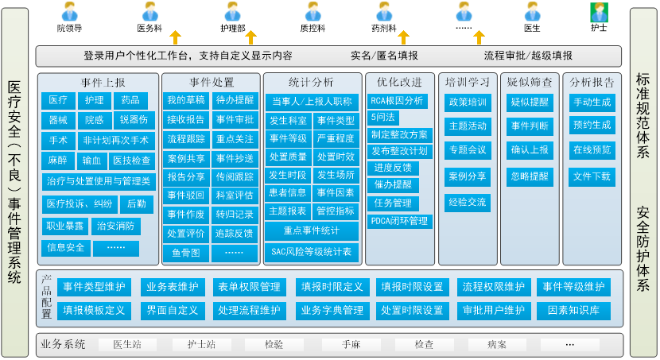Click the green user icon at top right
point(598,12)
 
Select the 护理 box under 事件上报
point(94,100)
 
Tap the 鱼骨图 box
point(186,253)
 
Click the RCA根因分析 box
point(398,101)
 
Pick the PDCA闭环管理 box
point(399,220)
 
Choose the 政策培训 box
point(468,102)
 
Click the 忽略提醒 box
point(530,176)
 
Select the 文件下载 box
point(592,176)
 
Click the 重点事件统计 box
point(311,231)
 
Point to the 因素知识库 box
point(573,310)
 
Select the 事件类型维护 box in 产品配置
point(94,287)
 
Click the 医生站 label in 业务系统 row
point(127,345)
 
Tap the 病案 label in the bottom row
point(497,345)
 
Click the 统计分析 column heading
point(312,82)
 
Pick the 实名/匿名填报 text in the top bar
point(384,56)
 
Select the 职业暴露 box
point(64,226)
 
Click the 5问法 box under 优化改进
point(382,117)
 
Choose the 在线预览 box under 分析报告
point(592,149)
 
